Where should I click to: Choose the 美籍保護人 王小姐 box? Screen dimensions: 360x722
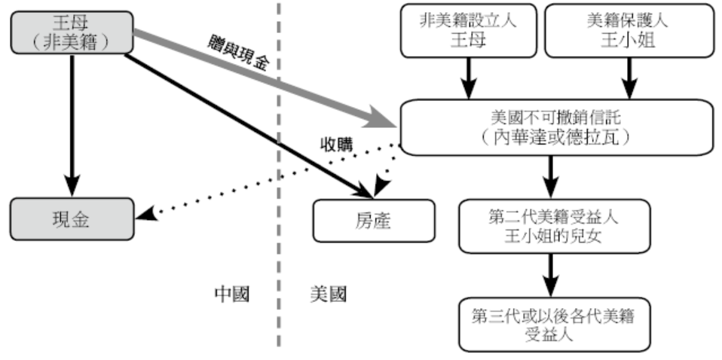pos(630,30)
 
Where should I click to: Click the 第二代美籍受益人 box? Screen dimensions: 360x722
pos(553,224)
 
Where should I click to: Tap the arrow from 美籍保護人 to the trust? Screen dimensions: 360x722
pos(630,78)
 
